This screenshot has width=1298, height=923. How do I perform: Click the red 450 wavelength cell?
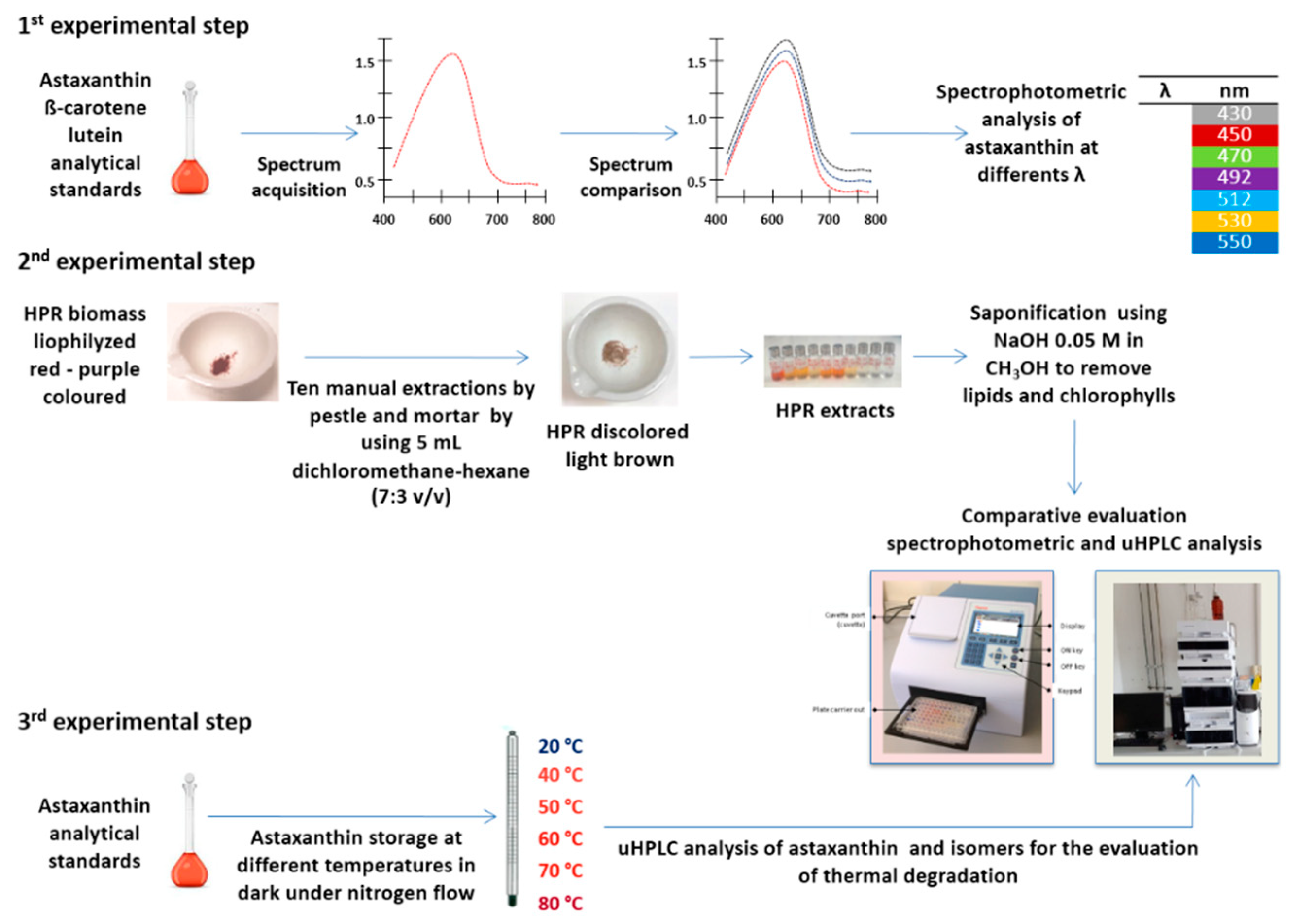click(x=1234, y=135)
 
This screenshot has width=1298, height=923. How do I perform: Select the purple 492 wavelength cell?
click(x=1234, y=177)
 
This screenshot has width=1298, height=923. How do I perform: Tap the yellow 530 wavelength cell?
click(x=1234, y=221)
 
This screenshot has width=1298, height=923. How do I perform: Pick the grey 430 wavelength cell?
click(x=1234, y=114)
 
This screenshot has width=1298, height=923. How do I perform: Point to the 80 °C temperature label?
click(x=560, y=903)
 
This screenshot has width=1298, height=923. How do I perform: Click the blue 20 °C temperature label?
click(x=560, y=746)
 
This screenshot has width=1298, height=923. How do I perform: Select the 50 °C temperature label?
click(x=560, y=807)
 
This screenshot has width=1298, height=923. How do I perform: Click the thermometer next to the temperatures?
click(x=512, y=819)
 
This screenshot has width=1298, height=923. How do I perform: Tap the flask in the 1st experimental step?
click(x=190, y=139)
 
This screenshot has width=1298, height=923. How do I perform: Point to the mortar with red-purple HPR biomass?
click(x=223, y=352)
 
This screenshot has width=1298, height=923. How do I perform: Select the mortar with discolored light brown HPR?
click(x=620, y=349)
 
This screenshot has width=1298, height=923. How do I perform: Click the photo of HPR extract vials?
click(x=832, y=361)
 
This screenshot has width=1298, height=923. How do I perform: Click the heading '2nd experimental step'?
click(x=137, y=261)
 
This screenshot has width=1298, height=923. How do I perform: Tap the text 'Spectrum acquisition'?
click(x=299, y=177)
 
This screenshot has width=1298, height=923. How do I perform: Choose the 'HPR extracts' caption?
click(x=835, y=410)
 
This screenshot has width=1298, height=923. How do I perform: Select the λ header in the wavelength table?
click(x=1164, y=91)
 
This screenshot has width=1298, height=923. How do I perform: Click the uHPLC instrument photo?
click(x=1187, y=668)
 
